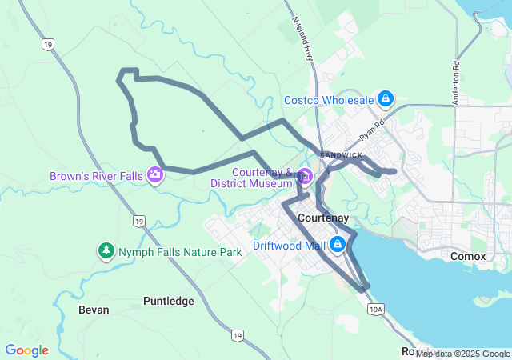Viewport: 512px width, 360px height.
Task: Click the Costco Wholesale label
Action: [x=329, y=100]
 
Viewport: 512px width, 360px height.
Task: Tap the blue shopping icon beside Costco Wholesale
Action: [x=386, y=99]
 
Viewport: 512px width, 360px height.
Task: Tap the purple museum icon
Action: [x=304, y=176]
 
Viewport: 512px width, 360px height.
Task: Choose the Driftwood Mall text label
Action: [x=290, y=245]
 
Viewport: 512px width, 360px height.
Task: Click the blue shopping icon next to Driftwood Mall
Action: [x=338, y=245]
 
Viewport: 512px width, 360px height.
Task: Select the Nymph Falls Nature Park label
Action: [x=180, y=252]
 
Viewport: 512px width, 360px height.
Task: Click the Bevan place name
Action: [x=94, y=309]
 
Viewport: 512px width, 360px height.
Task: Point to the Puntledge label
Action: [x=169, y=301]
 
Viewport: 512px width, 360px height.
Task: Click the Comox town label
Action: [x=468, y=256]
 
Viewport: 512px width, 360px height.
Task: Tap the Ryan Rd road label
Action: [x=372, y=126]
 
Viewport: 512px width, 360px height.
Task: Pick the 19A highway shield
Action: [x=375, y=310]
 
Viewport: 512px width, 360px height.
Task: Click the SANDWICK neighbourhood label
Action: [x=340, y=154]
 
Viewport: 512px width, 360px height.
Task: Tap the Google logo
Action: [x=26, y=350]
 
